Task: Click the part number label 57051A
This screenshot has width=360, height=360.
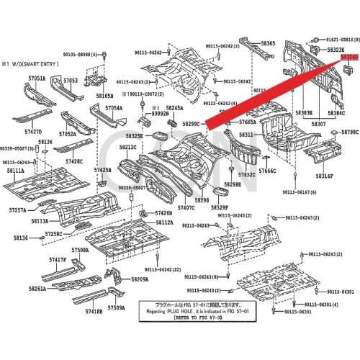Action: pos(37,78)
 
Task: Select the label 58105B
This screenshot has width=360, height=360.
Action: pos(104,96)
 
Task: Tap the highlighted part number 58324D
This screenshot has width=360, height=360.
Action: pos(350,55)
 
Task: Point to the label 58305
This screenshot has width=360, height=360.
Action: pos(268,44)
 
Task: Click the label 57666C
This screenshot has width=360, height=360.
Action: pos(268,171)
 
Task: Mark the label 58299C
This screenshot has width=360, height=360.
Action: pos(192,125)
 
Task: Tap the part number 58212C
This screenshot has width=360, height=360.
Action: pos(127,148)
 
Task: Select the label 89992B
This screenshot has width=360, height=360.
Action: pos(160,113)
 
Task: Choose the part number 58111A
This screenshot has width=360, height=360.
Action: pos(16,171)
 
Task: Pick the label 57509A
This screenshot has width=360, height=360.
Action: pos(116,307)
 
